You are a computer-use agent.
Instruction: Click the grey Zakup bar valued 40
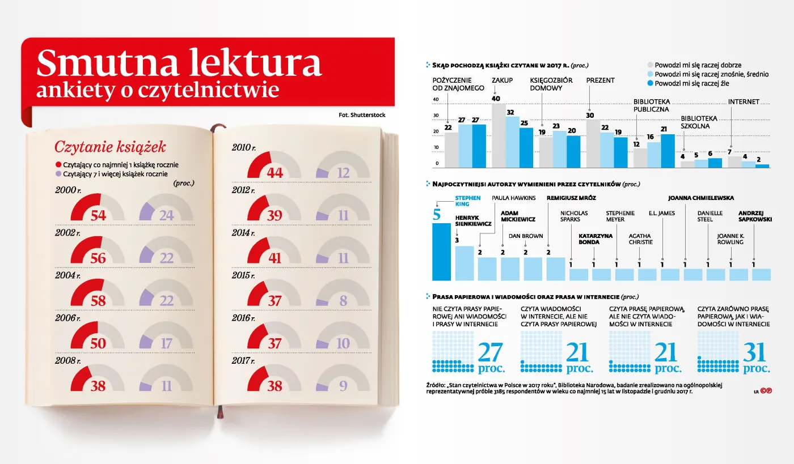pyautogui.click(x=499, y=136)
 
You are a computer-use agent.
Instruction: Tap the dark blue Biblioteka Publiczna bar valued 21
pyautogui.click(x=668, y=151)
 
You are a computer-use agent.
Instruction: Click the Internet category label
pyautogui.click(x=744, y=102)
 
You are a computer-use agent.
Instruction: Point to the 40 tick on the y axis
pyautogui.click(x=436, y=100)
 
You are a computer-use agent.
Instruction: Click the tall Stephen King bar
pyautogui.click(x=442, y=252)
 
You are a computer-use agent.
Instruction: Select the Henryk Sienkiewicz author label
pyautogui.click(x=473, y=220)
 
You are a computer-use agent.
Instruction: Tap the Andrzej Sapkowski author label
pyautogui.click(x=754, y=216)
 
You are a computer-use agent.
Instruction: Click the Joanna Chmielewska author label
pyautogui.click(x=701, y=198)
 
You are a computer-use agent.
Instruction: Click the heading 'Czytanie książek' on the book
pyautogui.click(x=110, y=147)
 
